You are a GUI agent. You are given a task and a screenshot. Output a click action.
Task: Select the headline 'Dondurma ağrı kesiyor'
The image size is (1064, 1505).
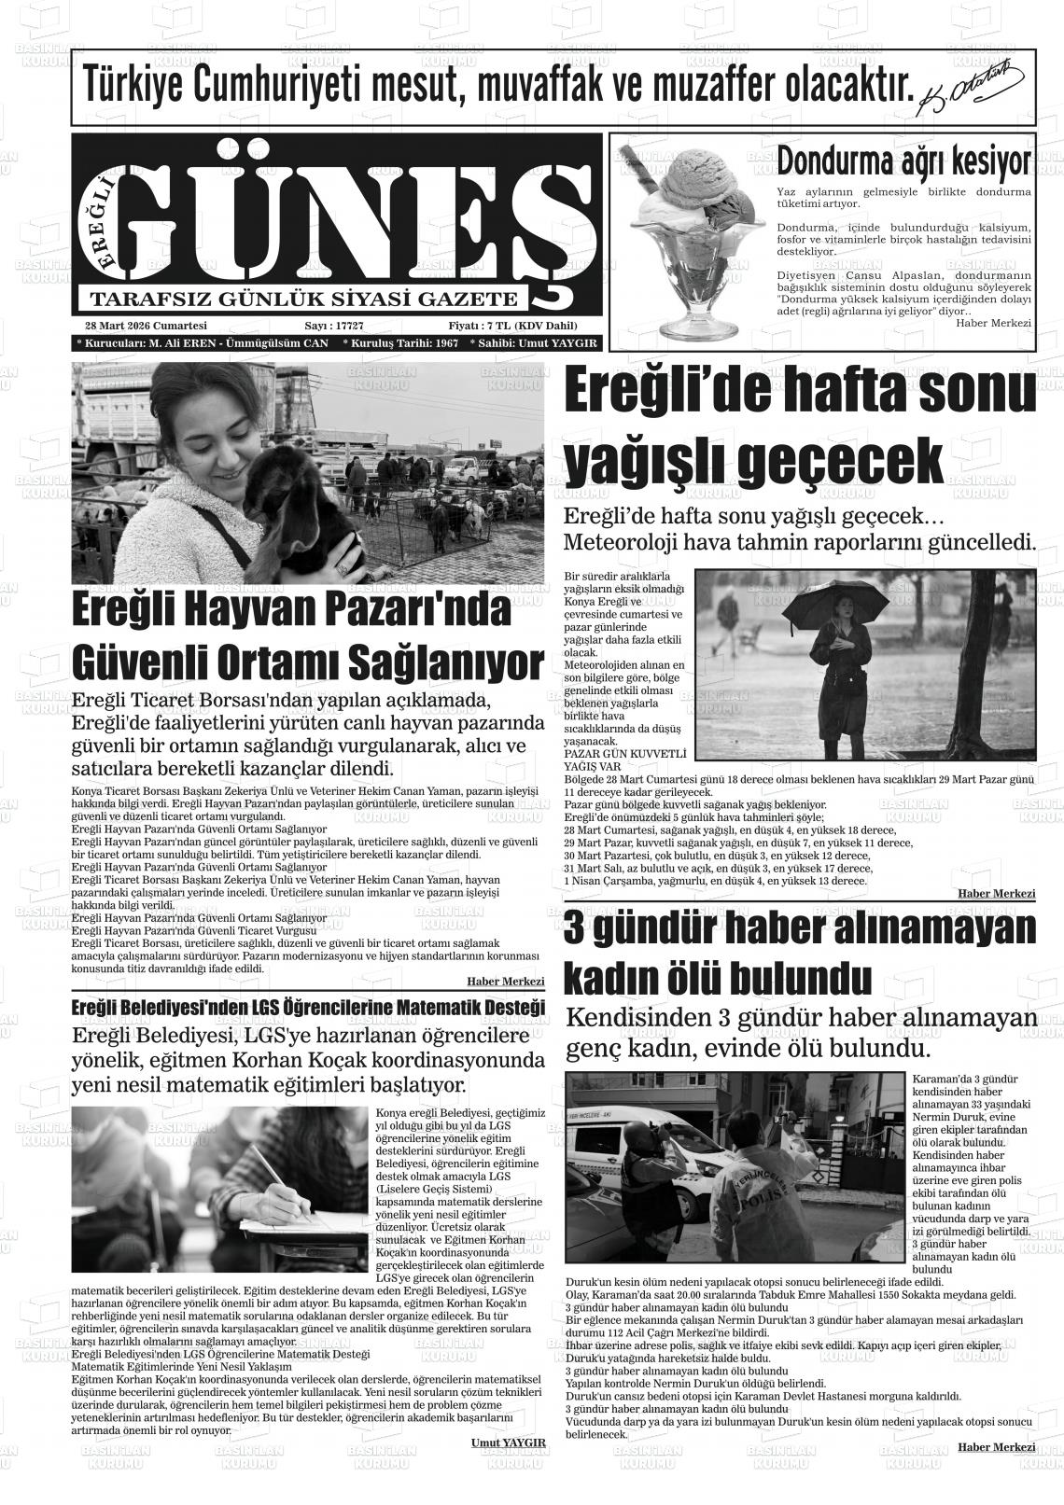pos(903,160)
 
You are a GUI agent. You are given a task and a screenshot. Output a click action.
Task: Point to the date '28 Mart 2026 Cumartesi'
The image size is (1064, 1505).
pos(145,326)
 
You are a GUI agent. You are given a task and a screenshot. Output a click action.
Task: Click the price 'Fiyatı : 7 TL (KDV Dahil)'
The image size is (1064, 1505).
pos(512,326)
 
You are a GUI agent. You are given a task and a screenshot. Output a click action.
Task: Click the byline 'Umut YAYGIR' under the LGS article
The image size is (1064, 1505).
pos(509,1442)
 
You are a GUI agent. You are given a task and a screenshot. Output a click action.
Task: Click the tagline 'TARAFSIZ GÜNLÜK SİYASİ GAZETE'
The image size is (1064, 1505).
pos(302,300)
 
